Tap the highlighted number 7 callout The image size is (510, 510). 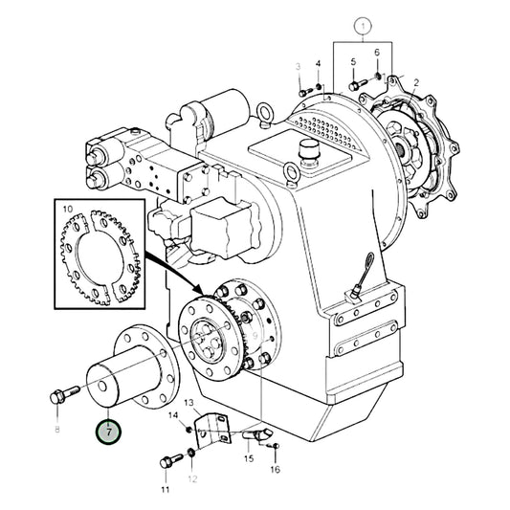point(109,432)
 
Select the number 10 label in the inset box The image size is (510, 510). point(67,207)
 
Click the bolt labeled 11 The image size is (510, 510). point(170,462)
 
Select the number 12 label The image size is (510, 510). point(191,478)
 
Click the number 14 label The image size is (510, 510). point(174,414)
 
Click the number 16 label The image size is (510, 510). point(276,470)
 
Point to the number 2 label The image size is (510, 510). point(414,83)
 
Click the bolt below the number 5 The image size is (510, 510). point(356,85)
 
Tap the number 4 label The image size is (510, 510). point(319,64)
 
